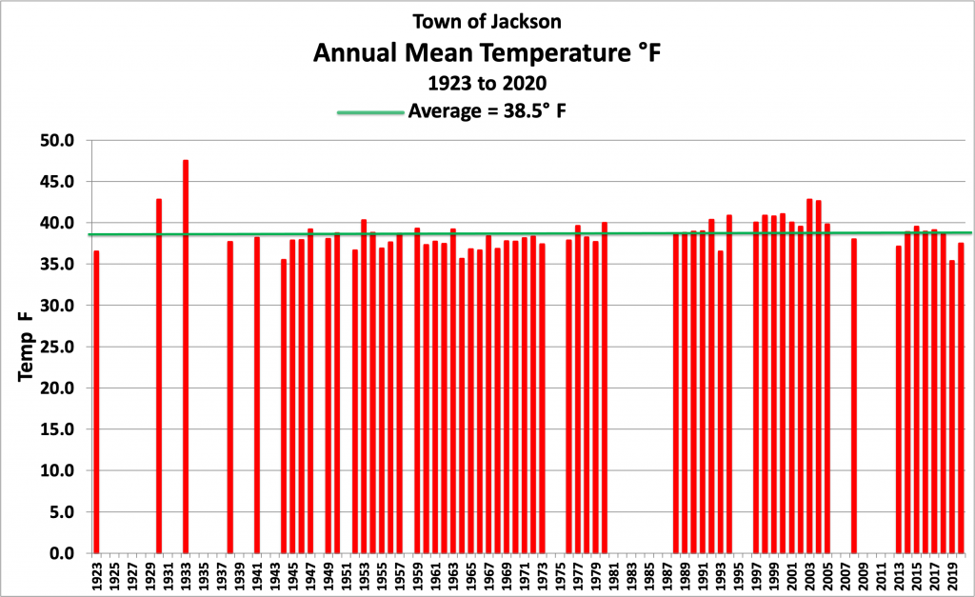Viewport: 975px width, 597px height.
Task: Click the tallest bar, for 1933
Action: pos(186,356)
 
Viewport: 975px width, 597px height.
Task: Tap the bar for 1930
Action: pos(159,376)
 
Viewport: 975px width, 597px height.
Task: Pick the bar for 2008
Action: pos(854,395)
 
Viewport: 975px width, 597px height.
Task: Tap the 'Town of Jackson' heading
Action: pos(487,20)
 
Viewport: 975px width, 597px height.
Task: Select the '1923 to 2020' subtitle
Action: pos(487,83)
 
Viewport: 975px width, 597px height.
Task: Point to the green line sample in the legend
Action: pos(370,112)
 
